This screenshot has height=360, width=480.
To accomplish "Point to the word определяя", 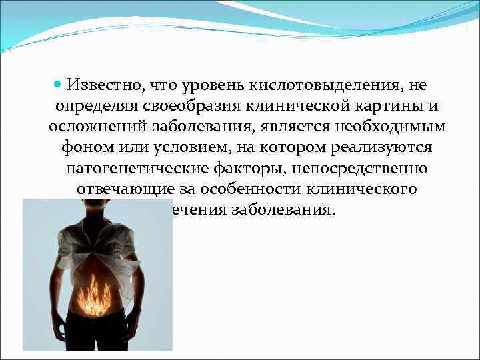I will [100, 107].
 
